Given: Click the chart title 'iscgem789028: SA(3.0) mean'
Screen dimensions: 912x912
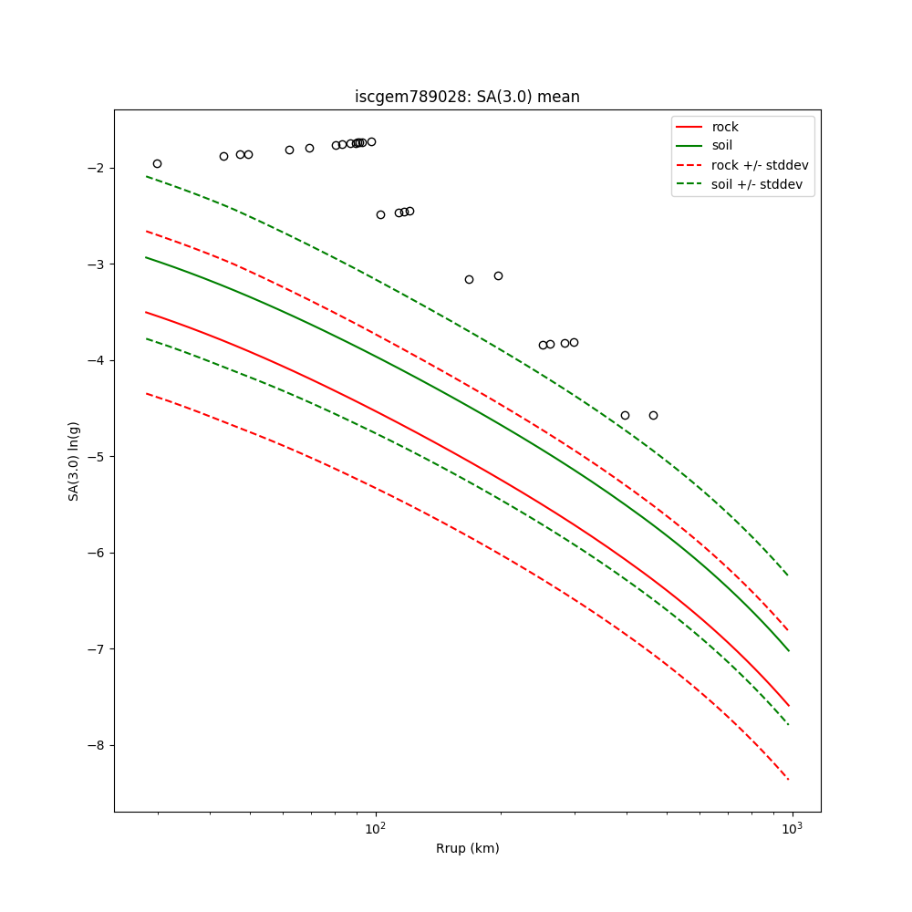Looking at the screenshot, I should tap(467, 97).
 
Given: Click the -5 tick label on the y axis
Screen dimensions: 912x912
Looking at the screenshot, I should tap(98, 457).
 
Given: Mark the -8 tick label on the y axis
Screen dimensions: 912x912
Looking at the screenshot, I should tap(98, 746).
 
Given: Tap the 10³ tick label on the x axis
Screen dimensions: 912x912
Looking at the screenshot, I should tap(793, 828).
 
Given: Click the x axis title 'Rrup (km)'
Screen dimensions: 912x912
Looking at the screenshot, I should tap(467, 848).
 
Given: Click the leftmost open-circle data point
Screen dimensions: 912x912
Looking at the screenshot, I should tap(157, 163).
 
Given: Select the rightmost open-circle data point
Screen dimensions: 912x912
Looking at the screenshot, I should tap(653, 415).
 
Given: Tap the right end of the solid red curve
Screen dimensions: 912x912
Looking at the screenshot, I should tap(789, 706).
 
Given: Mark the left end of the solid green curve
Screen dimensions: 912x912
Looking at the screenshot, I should tap(146, 257).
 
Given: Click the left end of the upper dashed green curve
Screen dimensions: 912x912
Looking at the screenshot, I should tap(146, 176).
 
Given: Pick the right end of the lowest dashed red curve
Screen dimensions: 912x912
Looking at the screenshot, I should tap(789, 779).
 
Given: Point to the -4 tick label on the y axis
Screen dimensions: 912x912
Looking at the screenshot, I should tap(98, 361).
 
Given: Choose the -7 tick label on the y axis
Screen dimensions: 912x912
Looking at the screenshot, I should tap(98, 649).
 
